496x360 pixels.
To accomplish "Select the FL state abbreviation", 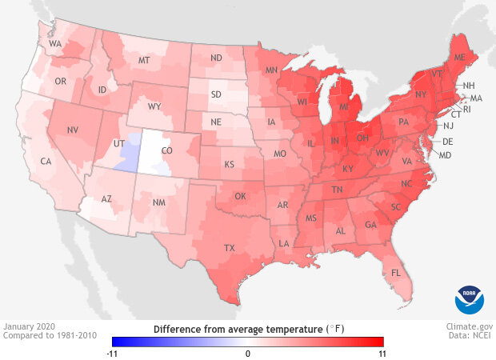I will pos(395,274).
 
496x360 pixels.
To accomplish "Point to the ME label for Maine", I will pos(459,58).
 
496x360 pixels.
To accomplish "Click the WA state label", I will pos(55,44).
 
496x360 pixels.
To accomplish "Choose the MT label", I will pos(145,60).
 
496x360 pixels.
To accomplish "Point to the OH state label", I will pos(362,137).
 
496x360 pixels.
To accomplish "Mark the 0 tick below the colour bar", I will pos(248,353).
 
